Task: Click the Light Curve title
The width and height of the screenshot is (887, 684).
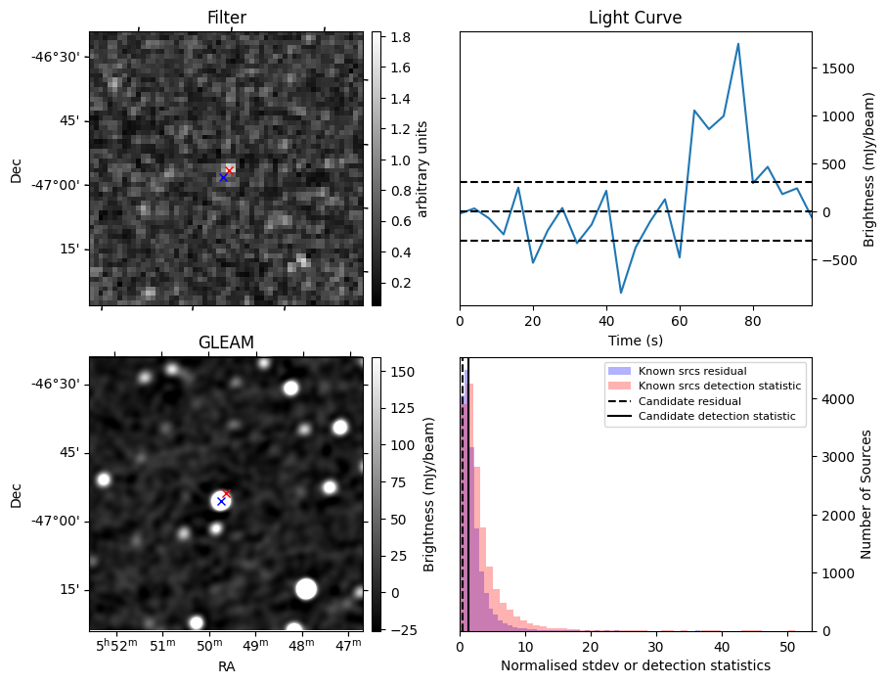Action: point(635,18)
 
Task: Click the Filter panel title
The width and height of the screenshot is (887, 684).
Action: point(226,18)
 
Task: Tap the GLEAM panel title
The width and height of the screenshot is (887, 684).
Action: point(226,342)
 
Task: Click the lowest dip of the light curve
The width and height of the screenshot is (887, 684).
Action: point(620,293)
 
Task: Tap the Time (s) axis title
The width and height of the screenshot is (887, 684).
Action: point(635,341)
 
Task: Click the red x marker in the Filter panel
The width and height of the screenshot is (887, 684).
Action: point(229,170)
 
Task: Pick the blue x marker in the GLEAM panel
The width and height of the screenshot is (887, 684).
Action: point(221,501)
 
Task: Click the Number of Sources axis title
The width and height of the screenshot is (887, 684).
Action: point(865,494)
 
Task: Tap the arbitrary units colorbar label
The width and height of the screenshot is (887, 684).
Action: point(423,168)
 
